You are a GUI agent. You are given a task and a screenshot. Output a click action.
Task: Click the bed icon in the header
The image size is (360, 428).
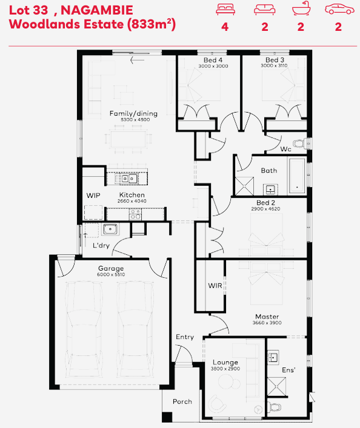click(225, 9)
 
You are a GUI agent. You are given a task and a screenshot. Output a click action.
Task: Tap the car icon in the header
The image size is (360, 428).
click(339, 9)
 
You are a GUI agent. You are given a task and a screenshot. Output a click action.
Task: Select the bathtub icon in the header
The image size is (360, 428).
click(301, 8)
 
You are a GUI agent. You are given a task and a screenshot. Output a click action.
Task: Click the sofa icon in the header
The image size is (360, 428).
click(264, 10)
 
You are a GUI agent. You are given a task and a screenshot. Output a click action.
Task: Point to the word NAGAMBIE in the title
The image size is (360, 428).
click(97, 10)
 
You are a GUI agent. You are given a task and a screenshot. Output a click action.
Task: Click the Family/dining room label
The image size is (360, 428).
click(133, 113)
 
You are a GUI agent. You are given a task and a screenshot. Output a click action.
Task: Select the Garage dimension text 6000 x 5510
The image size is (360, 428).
click(111, 275)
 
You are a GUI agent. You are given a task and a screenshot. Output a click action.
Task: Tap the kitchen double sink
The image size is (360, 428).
click(129, 179)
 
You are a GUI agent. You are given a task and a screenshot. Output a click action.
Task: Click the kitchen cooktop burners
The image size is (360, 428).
click(135, 214)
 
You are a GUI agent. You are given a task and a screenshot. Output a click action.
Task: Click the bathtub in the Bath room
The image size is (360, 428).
click(297, 176)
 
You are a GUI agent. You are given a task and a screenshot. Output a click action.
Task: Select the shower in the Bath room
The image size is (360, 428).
click(244, 186)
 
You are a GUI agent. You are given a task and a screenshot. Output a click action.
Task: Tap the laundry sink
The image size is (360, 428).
click(110, 229)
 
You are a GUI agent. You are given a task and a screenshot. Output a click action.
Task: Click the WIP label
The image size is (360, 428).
click(93, 196)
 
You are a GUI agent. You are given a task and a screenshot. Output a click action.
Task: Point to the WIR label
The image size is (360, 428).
click(215, 286)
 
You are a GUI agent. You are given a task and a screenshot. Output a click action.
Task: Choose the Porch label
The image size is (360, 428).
click(182, 401)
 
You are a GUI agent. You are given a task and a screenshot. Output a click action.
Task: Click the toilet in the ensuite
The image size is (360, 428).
click(274, 407)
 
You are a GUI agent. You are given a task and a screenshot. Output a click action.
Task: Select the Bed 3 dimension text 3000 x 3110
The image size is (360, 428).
click(274, 65)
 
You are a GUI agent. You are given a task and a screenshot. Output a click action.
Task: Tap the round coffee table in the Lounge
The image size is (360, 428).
click(226, 381)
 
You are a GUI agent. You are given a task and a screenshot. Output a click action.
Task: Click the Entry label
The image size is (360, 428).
click(185, 337)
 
